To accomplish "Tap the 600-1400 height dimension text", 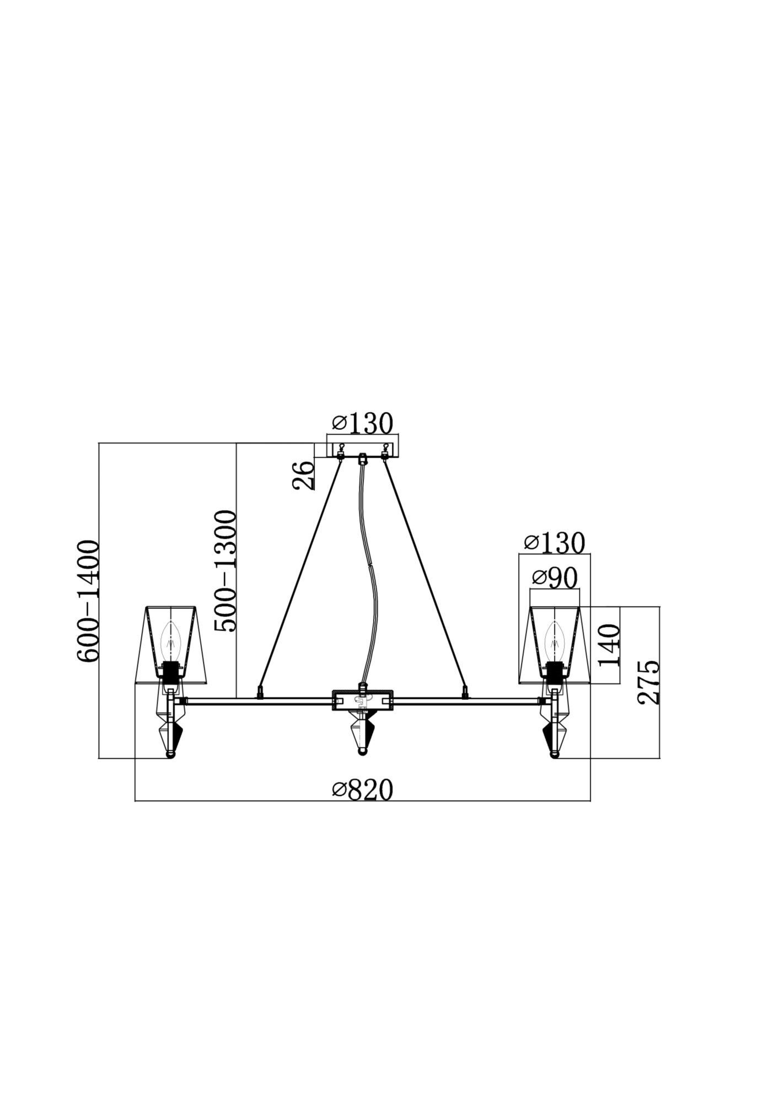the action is (x=88, y=601).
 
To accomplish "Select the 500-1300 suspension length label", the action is (x=225, y=571).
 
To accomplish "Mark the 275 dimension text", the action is (x=648, y=682).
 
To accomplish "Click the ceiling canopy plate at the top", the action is (x=363, y=446).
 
